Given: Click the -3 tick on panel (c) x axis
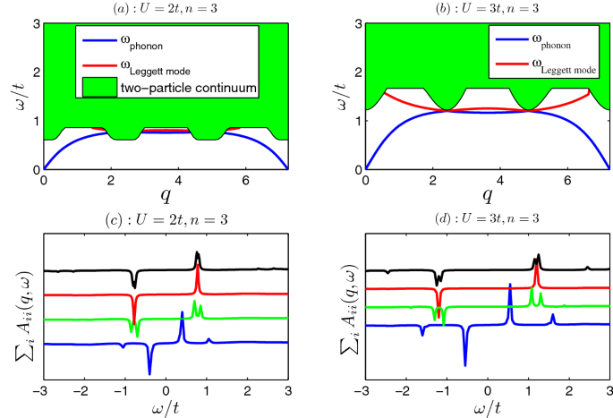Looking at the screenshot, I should [x=42, y=392].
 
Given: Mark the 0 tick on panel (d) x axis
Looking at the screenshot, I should [x=488, y=392].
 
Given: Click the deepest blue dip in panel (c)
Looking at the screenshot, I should [x=149, y=372].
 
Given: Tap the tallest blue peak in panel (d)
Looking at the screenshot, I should [x=509, y=286].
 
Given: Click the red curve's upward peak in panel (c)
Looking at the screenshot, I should [x=197, y=272].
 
